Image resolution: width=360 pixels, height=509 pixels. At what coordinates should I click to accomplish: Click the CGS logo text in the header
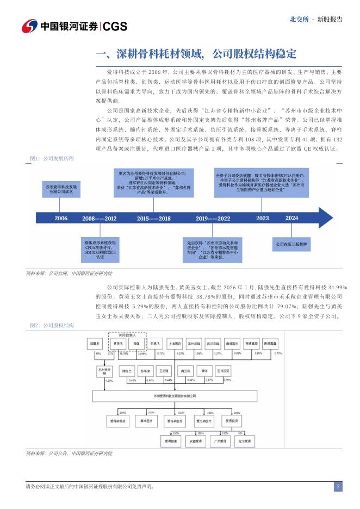click(114, 26)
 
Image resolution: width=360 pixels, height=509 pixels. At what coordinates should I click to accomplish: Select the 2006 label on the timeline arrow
click(61, 218)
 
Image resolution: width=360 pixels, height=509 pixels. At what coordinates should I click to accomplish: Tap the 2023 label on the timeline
click(263, 218)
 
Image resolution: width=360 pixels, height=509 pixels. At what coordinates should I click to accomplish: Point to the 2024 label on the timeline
click(292, 218)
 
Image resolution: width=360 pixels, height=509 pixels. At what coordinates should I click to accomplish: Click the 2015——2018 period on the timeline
click(153, 218)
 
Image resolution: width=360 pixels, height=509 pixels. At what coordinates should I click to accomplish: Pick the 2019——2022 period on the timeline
click(213, 218)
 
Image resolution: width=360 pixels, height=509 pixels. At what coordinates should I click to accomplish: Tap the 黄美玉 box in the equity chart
click(115, 344)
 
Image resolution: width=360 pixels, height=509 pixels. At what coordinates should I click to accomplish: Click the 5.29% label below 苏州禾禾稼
click(108, 381)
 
